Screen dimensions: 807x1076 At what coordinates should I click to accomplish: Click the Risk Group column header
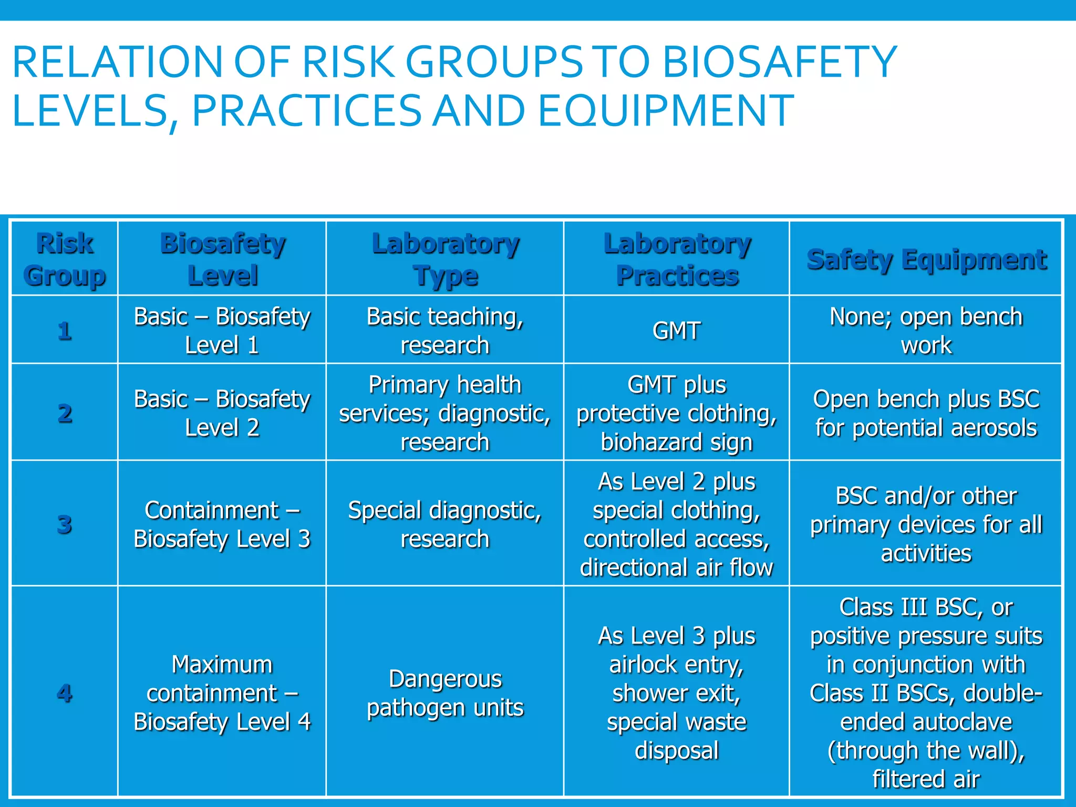(65, 259)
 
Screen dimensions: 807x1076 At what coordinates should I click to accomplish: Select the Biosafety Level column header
(222, 259)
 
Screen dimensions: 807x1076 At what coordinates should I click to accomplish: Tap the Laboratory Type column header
(445, 259)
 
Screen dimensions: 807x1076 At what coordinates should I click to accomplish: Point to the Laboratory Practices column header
(677, 259)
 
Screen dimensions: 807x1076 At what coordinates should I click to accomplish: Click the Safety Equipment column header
(926, 260)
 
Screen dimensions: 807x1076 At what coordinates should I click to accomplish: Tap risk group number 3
(65, 524)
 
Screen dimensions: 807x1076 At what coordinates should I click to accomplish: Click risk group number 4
(65, 693)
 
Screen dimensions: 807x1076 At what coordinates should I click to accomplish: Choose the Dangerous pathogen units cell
(445, 693)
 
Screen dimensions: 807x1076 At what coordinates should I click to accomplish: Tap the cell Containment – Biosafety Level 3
(222, 524)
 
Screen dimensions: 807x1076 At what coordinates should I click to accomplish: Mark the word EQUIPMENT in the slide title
(666, 111)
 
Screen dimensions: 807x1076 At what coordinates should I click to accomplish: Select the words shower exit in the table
(677, 693)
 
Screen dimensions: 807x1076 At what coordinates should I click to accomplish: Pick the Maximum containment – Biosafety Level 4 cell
(222, 693)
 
